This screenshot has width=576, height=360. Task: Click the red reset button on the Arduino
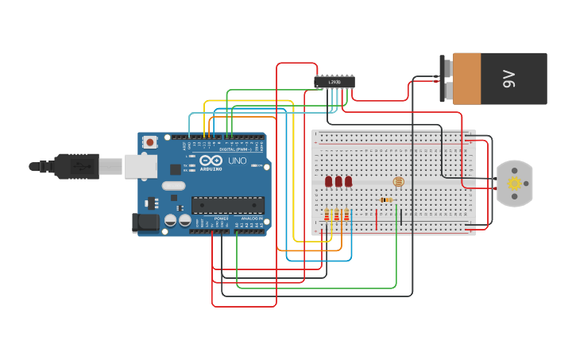(150, 142)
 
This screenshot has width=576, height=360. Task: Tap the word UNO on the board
(238, 161)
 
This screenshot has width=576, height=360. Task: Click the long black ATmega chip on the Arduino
(227, 205)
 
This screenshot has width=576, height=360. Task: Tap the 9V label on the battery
(508, 79)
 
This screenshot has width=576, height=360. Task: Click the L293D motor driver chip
(334, 81)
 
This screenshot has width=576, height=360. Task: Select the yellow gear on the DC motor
(514, 184)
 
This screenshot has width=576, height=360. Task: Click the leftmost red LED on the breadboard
(329, 182)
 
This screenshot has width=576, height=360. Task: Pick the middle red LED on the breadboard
(338, 182)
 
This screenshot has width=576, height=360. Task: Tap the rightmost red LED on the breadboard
(348, 182)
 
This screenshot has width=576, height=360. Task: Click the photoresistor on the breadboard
(399, 182)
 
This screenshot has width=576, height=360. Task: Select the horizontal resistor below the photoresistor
(387, 199)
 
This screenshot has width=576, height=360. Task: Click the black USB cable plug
(75, 166)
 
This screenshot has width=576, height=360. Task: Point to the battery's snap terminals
(447, 79)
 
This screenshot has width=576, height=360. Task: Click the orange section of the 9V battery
(477, 79)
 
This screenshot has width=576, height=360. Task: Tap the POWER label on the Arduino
(221, 218)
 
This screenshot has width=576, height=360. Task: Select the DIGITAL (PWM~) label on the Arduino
(234, 149)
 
